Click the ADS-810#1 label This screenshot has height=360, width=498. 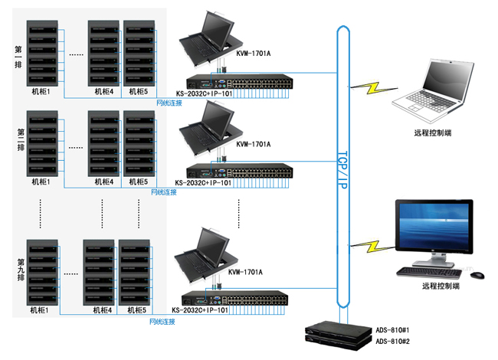[392, 331]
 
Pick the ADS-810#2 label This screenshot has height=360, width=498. [392, 341]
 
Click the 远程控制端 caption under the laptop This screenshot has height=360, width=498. [432, 133]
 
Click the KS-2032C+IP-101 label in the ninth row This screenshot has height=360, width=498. [200, 310]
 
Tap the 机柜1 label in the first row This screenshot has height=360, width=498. [41, 93]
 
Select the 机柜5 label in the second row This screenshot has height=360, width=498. [137, 182]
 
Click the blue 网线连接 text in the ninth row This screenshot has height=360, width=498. [162, 322]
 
